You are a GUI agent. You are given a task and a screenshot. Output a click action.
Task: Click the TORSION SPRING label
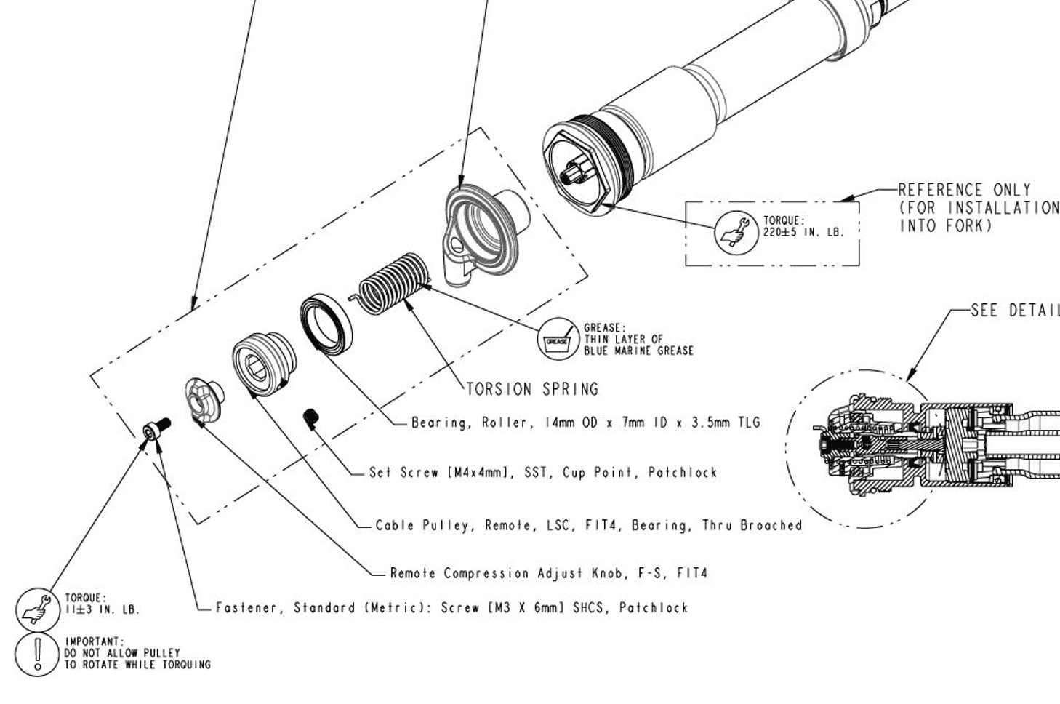coord(532,389)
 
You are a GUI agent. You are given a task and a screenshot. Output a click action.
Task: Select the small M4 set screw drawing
coord(311,417)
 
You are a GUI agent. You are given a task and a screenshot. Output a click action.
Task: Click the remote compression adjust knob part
coord(201,399)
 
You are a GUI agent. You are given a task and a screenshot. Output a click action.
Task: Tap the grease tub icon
coord(557,339)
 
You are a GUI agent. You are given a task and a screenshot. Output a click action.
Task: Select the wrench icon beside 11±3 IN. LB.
coord(36,609)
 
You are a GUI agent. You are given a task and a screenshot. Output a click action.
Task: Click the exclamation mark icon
coord(36,654)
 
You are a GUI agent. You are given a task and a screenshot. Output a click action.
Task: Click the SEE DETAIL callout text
coord(1015,311)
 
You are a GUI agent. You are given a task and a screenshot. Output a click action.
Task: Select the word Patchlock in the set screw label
coord(683,473)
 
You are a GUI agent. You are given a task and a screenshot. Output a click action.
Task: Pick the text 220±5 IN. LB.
coord(803,233)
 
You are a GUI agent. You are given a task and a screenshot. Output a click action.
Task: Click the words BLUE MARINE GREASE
coord(638,351)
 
